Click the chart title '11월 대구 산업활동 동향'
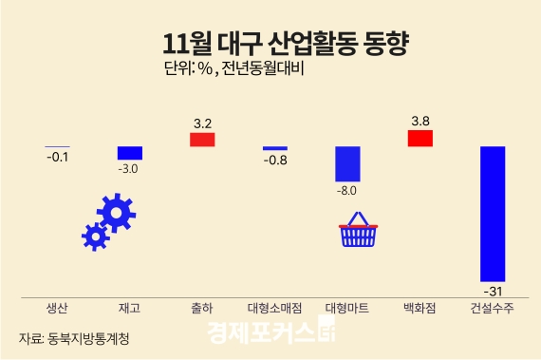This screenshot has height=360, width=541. [270, 44]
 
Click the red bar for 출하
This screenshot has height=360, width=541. [202, 140]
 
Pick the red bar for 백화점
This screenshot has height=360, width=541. [420, 139]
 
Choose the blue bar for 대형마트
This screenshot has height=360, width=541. [348, 164]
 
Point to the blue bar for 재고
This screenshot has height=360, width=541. [130, 153]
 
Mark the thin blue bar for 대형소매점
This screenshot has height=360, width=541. [275, 148]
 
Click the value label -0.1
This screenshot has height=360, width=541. [57, 157]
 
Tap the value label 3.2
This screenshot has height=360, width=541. [202, 123]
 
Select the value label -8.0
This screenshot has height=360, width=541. [347, 191]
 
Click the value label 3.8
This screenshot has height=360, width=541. [420, 121]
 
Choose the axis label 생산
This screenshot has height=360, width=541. [57, 310]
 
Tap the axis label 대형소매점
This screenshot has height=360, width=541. [275, 310]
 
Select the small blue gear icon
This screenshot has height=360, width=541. [95, 236]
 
